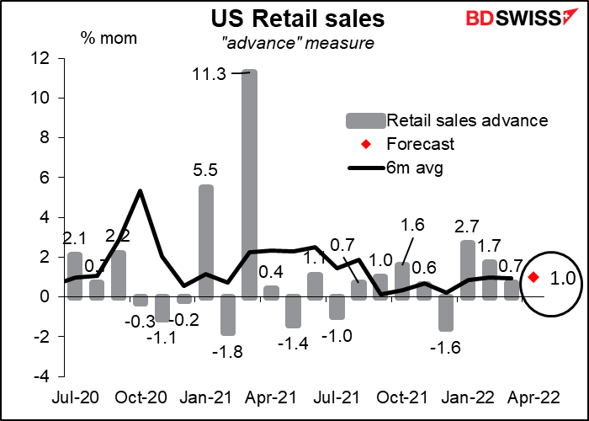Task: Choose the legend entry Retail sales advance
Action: tap(462, 120)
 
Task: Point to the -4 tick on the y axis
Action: tap(44, 376)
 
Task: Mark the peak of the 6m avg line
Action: tap(140, 190)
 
